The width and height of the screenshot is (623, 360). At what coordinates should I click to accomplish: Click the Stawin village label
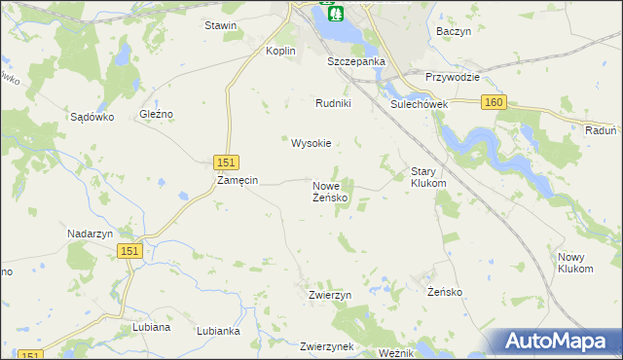(221, 25)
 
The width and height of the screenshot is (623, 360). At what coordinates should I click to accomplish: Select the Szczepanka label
(356, 60)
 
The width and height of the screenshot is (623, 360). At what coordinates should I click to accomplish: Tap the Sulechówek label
(418, 103)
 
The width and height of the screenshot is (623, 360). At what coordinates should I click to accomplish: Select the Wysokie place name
(311, 143)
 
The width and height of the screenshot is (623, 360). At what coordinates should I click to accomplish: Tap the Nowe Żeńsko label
(330, 192)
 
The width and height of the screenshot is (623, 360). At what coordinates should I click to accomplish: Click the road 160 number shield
(494, 102)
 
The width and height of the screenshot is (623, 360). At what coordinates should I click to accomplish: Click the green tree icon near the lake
(333, 13)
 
